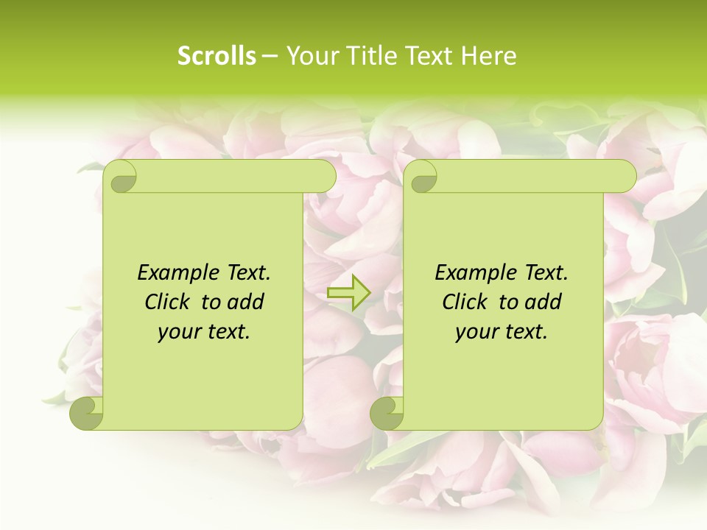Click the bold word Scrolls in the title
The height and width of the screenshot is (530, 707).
pos(217,55)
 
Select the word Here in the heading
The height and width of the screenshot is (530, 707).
pos(488,55)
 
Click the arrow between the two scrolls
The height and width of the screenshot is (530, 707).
pos(348,293)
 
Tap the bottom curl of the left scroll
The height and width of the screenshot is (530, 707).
pos(85,413)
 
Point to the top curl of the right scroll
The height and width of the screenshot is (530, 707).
pos(423,177)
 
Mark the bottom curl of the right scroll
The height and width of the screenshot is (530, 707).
pos(386,413)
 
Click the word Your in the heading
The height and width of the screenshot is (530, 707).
pos(309,55)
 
